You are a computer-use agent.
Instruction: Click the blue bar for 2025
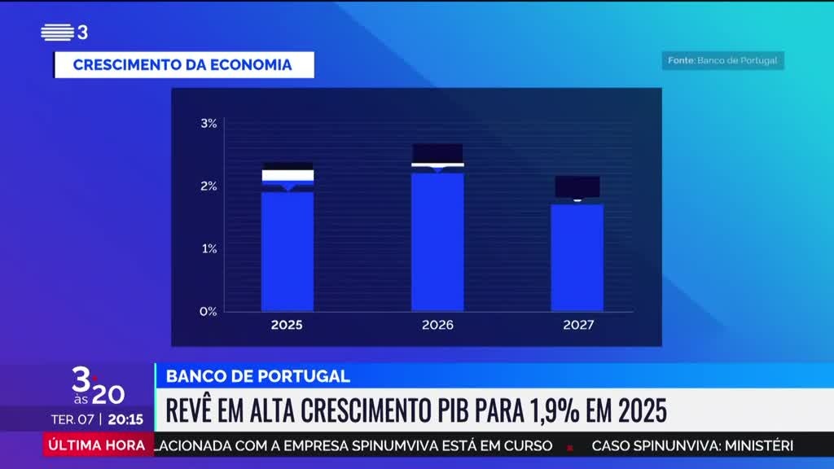[287, 251]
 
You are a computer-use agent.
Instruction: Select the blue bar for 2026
[437, 242]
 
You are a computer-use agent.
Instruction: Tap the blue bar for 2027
[577, 257]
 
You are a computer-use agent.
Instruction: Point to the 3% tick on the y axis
[208, 124]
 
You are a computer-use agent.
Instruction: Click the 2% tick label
[208, 186]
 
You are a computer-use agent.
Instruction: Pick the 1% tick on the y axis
[208, 248]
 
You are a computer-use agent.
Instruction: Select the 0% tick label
[208, 311]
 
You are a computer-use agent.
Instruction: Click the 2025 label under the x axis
[287, 325]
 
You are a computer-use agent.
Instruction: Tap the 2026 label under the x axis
[437, 325]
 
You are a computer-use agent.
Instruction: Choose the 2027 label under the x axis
[577, 325]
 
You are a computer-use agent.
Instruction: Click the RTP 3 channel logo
[64, 33]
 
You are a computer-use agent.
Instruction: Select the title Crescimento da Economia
[182, 65]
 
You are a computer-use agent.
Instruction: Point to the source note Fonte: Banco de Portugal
[722, 60]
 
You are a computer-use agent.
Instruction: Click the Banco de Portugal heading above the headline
[258, 376]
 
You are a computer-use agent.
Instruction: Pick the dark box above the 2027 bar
[577, 186]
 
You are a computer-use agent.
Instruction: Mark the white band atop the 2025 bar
[287, 175]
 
